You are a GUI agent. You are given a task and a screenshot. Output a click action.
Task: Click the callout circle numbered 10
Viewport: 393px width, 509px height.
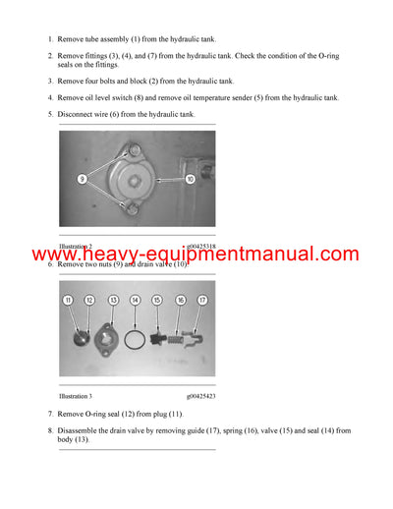190,179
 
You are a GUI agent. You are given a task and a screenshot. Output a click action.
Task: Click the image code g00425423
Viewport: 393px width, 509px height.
201,397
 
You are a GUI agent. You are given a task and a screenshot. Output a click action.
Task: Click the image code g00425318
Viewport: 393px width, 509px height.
201,246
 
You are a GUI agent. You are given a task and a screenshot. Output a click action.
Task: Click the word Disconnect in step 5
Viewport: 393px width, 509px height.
77,114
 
